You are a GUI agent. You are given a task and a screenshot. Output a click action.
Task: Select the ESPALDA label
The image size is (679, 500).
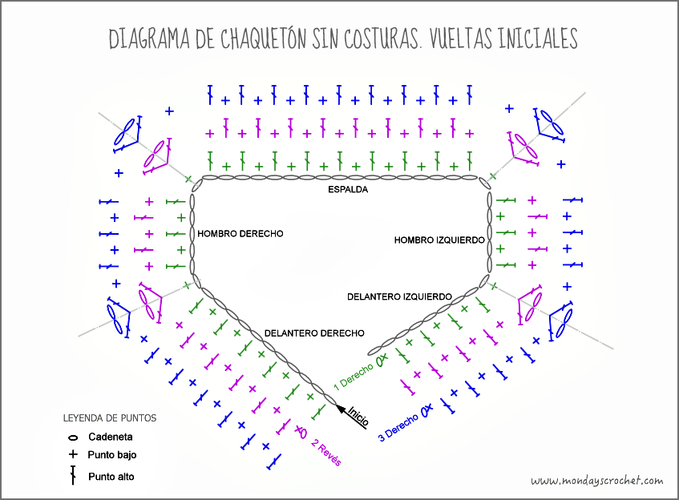point(348,190)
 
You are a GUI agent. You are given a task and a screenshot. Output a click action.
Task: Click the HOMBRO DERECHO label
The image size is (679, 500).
point(240,234)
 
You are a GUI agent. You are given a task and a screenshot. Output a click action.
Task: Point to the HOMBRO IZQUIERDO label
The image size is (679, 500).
point(439,240)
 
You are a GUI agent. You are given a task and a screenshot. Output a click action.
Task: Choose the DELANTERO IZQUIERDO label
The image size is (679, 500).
point(399,296)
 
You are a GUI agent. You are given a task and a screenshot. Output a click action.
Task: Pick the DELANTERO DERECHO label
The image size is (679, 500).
point(314,333)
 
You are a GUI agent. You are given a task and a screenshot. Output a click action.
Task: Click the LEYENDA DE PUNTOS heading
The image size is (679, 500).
point(109,418)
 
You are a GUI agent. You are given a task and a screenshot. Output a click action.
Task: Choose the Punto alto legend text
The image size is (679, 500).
point(111,477)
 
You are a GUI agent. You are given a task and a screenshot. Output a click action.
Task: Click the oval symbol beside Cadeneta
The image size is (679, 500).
point(73,437)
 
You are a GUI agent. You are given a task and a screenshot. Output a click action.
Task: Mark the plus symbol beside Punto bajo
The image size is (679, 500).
point(73,455)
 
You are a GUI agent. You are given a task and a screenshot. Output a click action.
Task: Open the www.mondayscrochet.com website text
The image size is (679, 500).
point(596,481)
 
